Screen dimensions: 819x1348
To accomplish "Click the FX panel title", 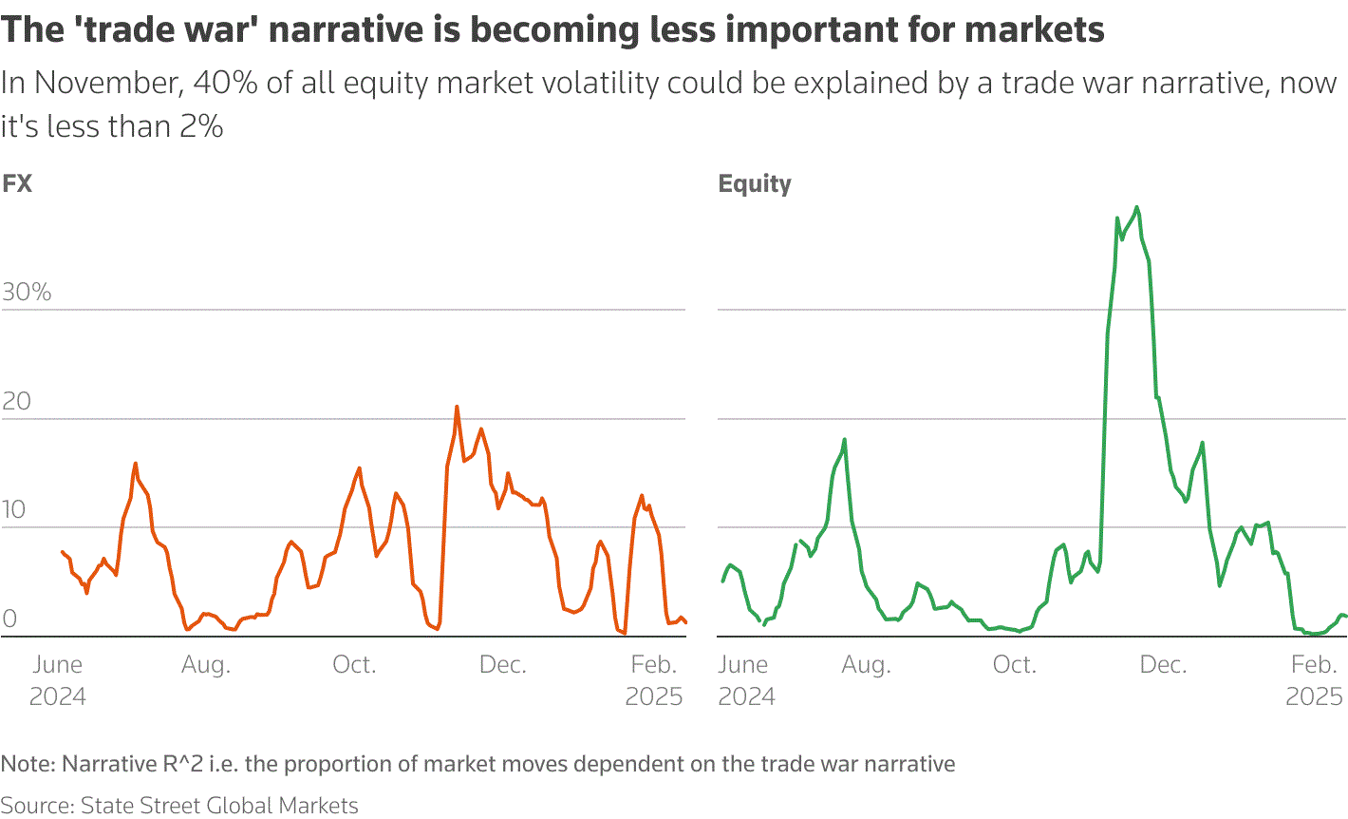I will pyautogui.click(x=17, y=183).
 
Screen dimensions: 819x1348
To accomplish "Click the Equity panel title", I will pyautogui.click(x=755, y=183).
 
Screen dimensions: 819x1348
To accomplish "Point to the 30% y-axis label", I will pyautogui.click(x=27, y=292).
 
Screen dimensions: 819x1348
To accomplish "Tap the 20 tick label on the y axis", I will pyautogui.click(x=17, y=401).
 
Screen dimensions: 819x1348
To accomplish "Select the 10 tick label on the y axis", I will pyautogui.click(x=13, y=510).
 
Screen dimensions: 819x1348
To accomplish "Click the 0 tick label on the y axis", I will pyautogui.click(x=9, y=619).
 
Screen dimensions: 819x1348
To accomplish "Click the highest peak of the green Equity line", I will pyautogui.click(x=1136, y=207).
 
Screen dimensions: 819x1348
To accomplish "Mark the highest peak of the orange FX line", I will pyautogui.click(x=457, y=407).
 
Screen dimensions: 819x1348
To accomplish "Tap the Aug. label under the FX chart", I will pyautogui.click(x=206, y=665).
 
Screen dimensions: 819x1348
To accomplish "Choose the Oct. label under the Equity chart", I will pyautogui.click(x=1015, y=665).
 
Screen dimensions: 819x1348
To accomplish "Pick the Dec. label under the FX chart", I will pyautogui.click(x=503, y=665).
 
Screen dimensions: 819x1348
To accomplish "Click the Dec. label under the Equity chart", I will pyautogui.click(x=1164, y=665).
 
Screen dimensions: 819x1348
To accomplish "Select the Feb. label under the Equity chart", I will pyautogui.click(x=1315, y=665).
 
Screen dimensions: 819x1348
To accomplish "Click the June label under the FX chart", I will pyautogui.click(x=58, y=665).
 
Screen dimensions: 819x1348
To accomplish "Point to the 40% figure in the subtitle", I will pyautogui.click(x=225, y=84).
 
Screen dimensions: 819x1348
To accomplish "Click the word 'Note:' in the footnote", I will pyautogui.click(x=28, y=764).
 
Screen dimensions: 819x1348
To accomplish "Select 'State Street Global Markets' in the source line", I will pyautogui.click(x=219, y=806).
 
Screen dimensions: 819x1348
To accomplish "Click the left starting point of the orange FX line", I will pyautogui.click(x=62, y=552).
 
